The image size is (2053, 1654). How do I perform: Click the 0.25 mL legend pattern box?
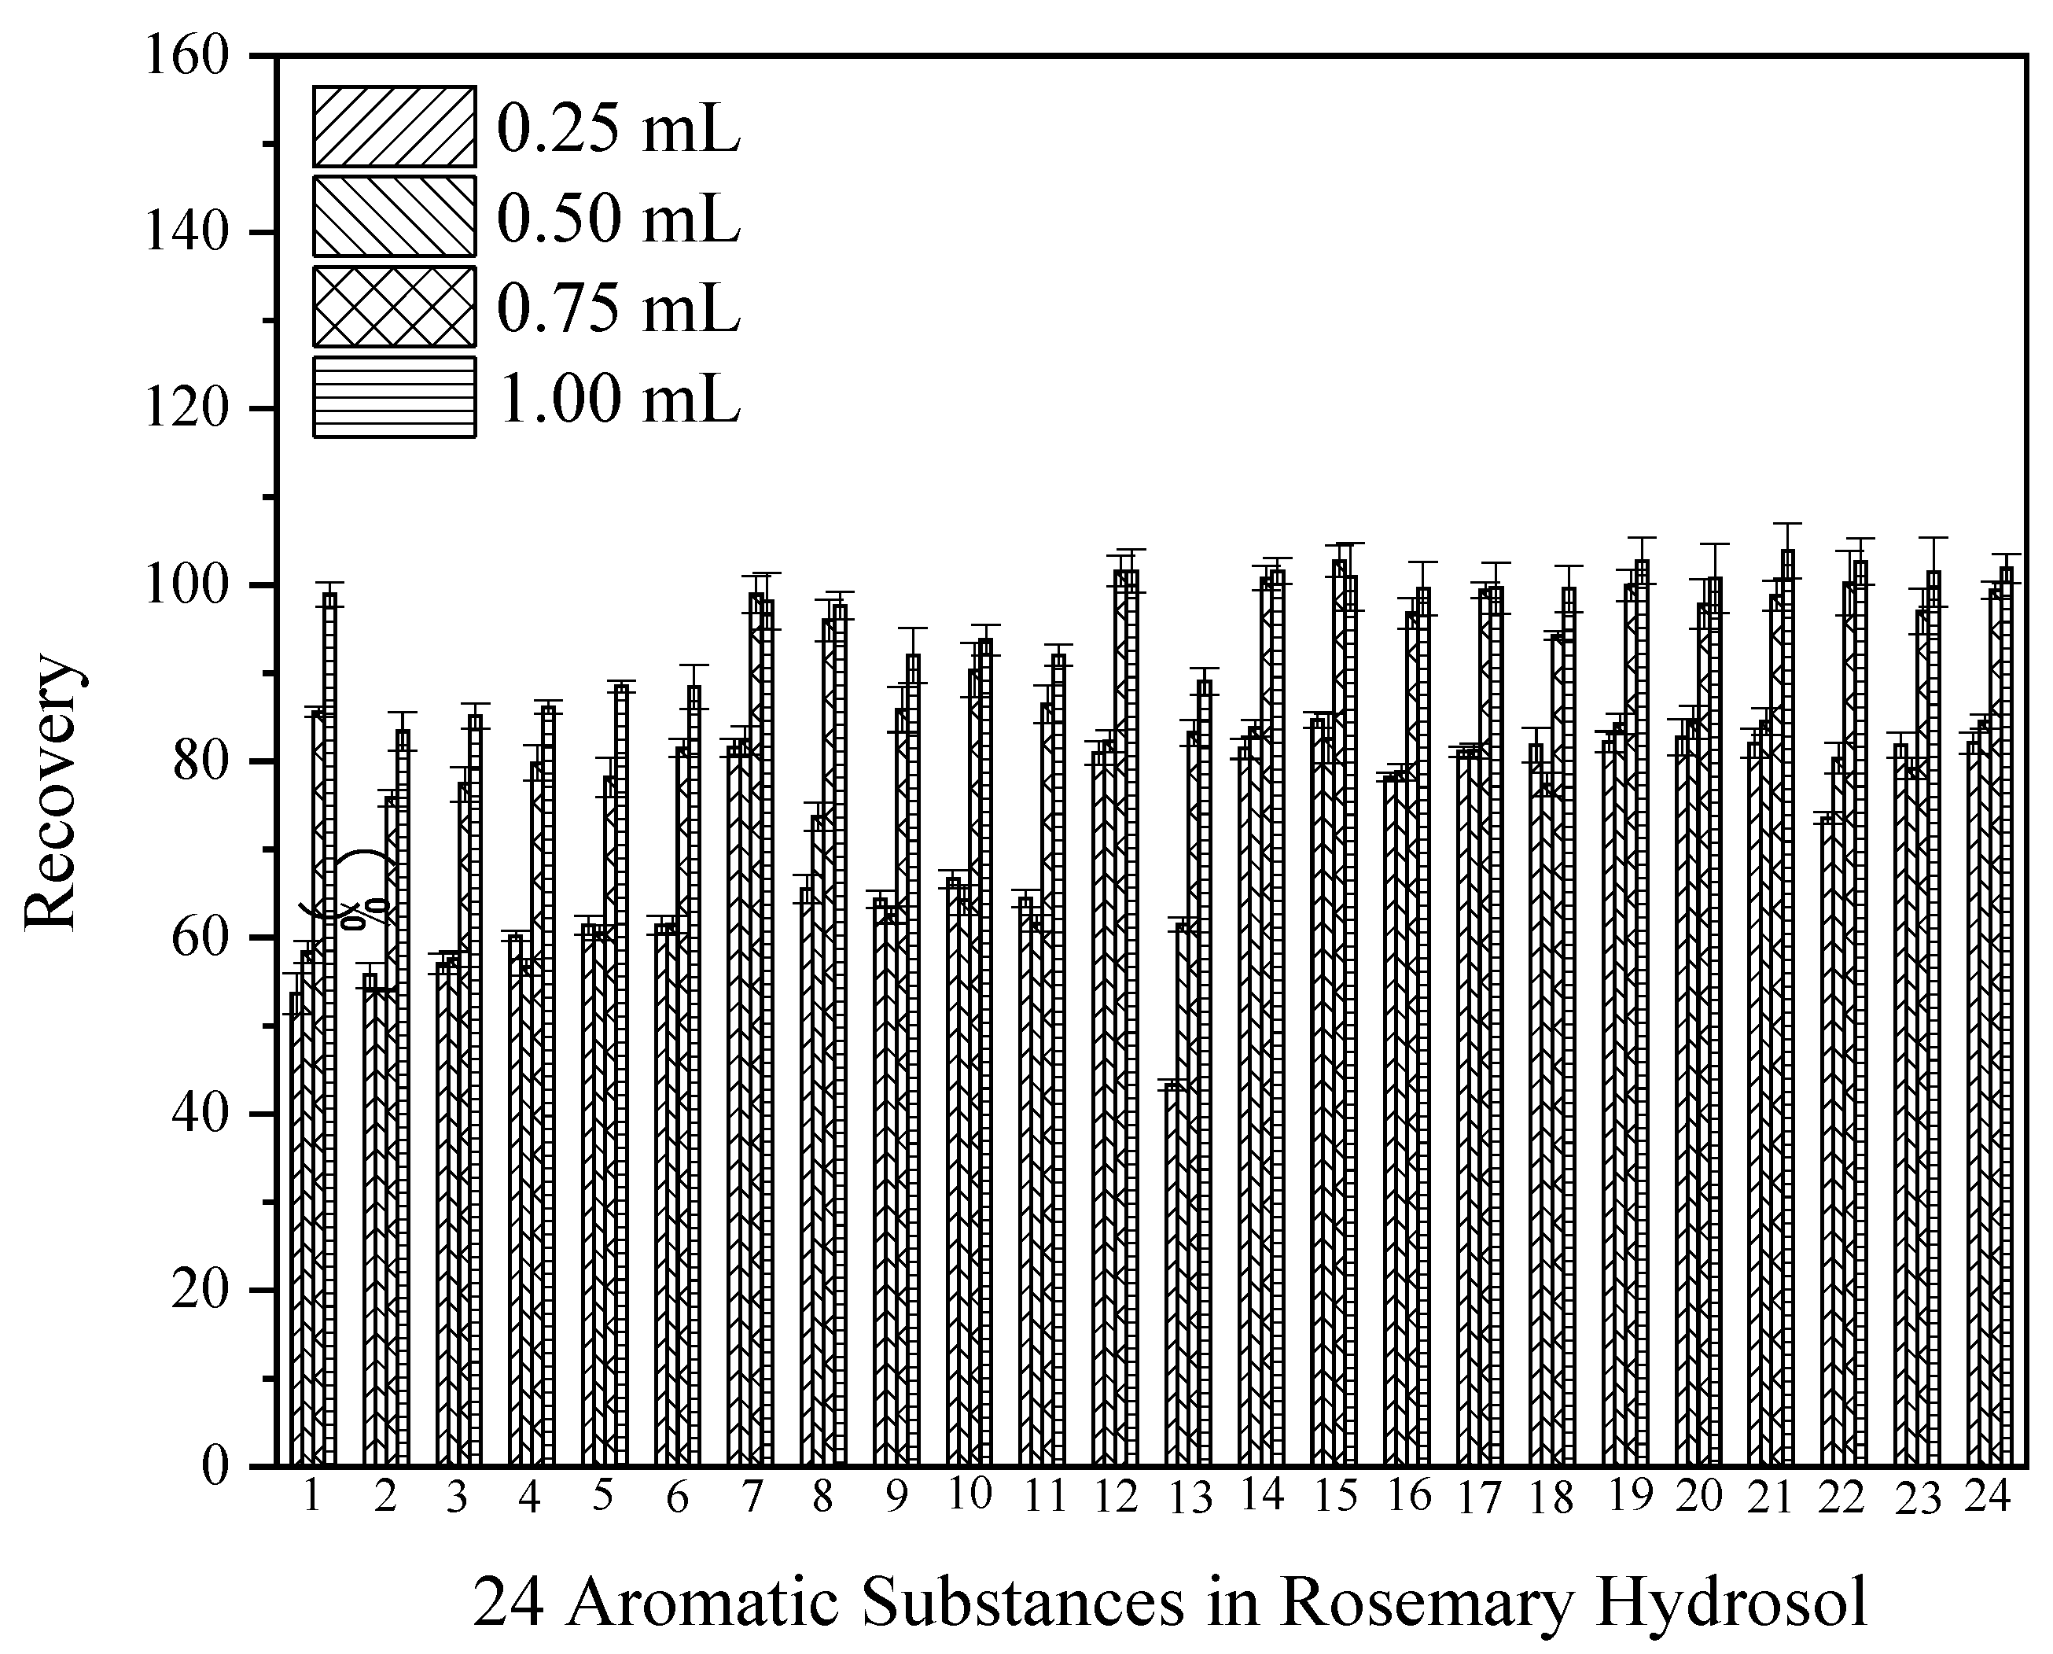click(395, 127)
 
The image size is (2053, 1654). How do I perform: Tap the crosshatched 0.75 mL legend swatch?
click(395, 307)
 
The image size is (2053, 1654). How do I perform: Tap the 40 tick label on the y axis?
click(200, 1113)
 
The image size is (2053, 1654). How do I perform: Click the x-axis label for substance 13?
click(1190, 1500)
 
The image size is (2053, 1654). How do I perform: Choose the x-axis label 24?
click(1987, 1497)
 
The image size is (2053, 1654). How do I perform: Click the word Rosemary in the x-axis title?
click(1424, 1603)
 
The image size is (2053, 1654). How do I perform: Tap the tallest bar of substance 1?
click(329, 1029)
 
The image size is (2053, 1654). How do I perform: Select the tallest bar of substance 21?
click(1787, 1010)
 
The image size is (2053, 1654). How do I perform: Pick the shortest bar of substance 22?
click(1827, 1144)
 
